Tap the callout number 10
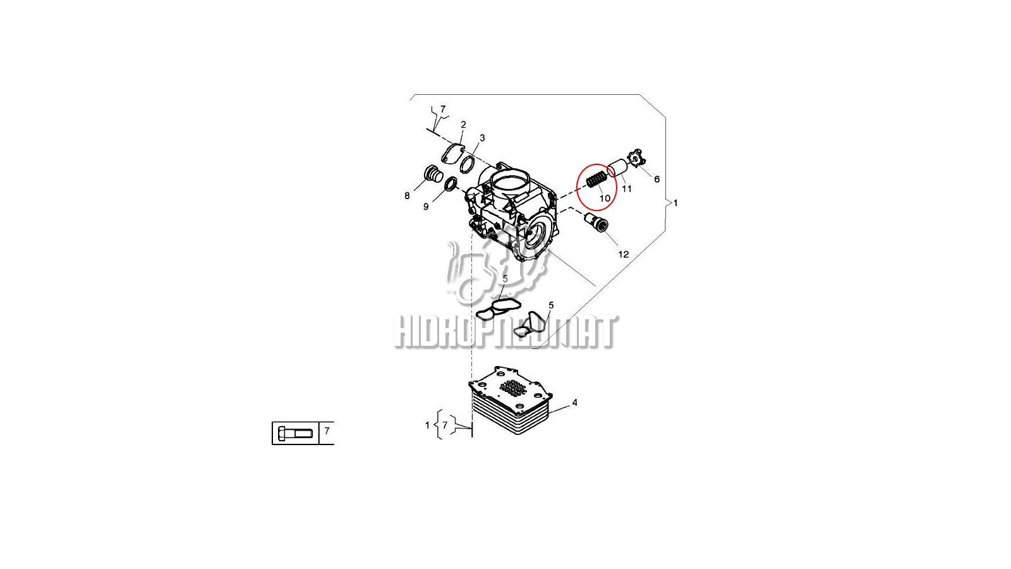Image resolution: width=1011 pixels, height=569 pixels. (605, 199)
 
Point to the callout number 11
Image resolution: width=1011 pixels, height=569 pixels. (626, 189)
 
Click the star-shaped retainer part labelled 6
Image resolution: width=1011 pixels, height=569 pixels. (638, 158)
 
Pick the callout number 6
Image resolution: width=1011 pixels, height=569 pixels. (657, 180)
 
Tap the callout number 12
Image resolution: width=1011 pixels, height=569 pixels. (623, 255)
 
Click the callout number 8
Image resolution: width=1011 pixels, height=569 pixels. (407, 195)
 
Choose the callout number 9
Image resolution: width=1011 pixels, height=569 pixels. (426, 207)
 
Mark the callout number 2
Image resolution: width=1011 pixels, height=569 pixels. (463, 125)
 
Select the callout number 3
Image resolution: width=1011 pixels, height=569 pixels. (482, 138)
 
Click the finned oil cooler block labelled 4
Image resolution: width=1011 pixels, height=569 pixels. (511, 400)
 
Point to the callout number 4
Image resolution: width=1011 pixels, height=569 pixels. (574, 402)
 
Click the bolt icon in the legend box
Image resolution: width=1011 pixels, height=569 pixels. (295, 434)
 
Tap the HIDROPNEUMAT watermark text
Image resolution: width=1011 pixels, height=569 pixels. (506, 332)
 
